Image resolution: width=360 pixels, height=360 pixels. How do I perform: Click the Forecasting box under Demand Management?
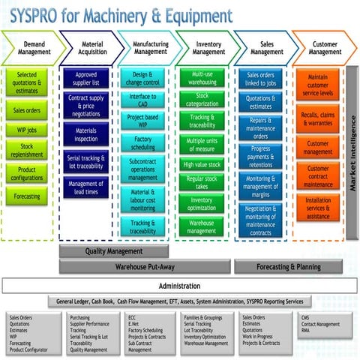coord(27,196)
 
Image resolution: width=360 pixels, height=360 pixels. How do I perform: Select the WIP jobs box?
coord(27,129)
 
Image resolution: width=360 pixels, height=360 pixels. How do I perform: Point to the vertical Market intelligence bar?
coord(351,150)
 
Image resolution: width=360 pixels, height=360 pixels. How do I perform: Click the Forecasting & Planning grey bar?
coord(288,266)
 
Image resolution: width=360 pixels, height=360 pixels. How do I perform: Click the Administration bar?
coord(179,286)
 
